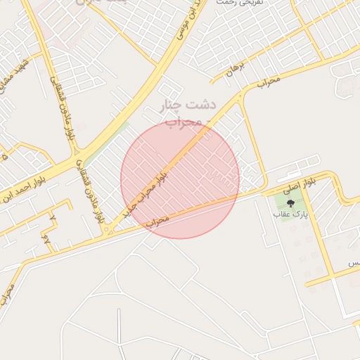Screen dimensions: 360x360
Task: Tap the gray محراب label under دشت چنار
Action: coord(184,122)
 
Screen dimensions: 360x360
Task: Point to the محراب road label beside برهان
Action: coord(268,82)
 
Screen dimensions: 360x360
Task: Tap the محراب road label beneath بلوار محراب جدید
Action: coord(158,221)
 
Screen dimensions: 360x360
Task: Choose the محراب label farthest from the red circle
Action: coord(7,296)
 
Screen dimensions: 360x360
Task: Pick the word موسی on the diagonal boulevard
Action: coord(185,25)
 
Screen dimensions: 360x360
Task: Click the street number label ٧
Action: coord(53,219)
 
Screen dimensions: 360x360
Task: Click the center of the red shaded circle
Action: coord(180,179)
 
